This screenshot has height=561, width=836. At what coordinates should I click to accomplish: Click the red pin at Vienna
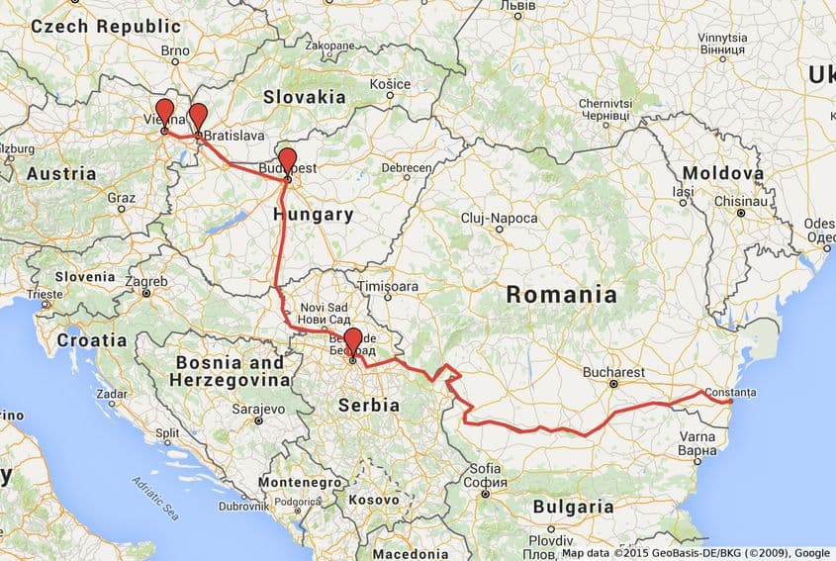164,111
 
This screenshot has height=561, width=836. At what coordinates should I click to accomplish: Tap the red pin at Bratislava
198,114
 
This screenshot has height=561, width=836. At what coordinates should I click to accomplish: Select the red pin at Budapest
287,159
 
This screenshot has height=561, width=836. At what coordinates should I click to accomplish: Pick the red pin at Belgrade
352,339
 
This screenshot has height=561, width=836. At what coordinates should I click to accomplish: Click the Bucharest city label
614,372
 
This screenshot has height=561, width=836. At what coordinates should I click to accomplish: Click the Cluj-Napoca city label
500,218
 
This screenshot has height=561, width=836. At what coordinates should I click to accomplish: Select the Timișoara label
388,285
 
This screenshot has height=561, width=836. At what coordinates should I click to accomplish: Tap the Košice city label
391,85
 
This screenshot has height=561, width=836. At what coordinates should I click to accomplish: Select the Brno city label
175,49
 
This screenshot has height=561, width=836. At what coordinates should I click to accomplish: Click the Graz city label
121,197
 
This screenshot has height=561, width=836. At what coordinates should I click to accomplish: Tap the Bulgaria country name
574,507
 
